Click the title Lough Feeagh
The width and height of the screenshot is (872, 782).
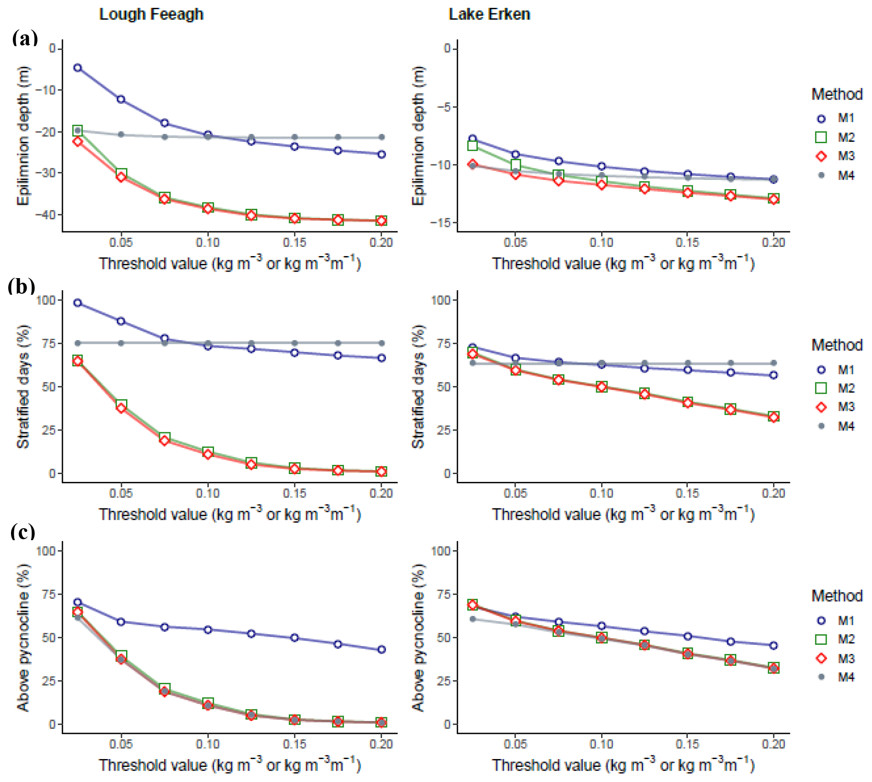coord(151,15)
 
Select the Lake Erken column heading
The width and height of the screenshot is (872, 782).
coord(489,15)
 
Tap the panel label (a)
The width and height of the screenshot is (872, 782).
coord(25,38)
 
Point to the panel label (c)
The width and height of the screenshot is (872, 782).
coord(22,532)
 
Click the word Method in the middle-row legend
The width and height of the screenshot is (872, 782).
coord(837,345)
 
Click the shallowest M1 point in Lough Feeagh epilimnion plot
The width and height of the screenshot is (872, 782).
coord(77,68)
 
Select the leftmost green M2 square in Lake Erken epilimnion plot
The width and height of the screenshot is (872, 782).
coord(472,145)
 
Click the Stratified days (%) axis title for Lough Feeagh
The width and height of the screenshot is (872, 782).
coord(23,386)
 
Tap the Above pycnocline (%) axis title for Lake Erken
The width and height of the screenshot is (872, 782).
coord(418,637)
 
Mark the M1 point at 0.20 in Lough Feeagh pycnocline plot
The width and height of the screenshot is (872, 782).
coord(381,649)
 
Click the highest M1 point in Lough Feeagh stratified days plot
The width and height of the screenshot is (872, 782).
coord(77,303)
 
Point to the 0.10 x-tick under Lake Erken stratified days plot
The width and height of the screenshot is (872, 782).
coord(601,493)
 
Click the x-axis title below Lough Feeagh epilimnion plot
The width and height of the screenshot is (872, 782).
coord(230,263)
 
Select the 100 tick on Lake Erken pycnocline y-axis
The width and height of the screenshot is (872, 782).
coord(441,551)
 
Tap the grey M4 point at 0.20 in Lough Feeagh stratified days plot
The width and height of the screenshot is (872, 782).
coord(381,343)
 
